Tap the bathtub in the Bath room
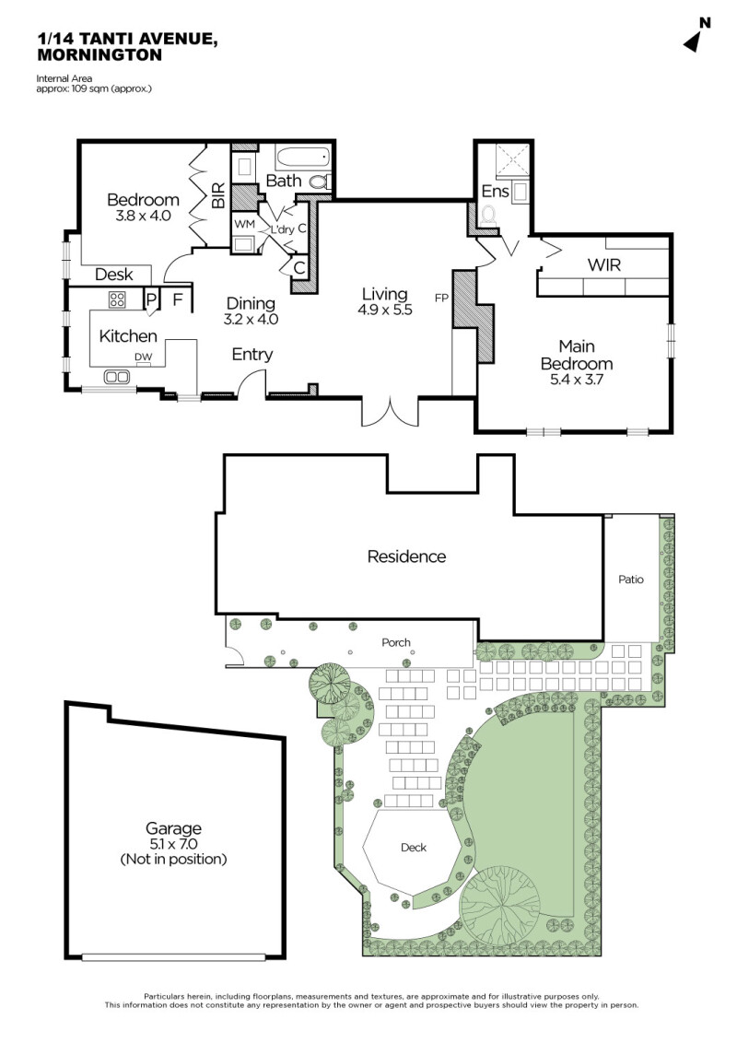(x=303, y=158)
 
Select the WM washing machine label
(x=244, y=224)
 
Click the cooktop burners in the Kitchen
(x=117, y=299)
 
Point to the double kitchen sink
(x=117, y=377)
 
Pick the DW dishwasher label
(x=143, y=357)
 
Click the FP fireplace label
(x=441, y=298)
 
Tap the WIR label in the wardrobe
(x=604, y=264)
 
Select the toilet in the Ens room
(x=489, y=215)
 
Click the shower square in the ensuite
(x=512, y=160)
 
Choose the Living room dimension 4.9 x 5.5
(x=385, y=310)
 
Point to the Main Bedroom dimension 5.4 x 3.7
(x=576, y=380)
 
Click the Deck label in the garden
(x=413, y=848)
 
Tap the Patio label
(x=630, y=580)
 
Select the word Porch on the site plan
(x=396, y=642)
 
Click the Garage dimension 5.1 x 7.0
(x=173, y=844)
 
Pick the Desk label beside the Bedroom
(x=113, y=274)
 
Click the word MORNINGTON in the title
(x=99, y=55)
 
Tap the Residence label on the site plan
(x=406, y=557)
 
